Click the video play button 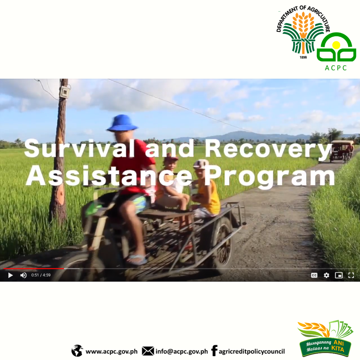[x=11, y=275]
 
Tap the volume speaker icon [x=23, y=275]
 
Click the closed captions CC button [x=314, y=275]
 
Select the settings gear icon [x=326, y=275]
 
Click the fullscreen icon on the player [x=351, y=275]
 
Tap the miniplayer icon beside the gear [x=339, y=275]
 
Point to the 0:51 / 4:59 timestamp [x=41, y=275]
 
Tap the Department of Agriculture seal [x=303, y=32]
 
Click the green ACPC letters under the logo [x=336, y=68]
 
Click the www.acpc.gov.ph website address [x=112, y=352]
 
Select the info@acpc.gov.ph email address [x=182, y=352]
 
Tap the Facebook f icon [x=214, y=351]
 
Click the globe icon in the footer [x=77, y=351]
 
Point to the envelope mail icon [x=148, y=351]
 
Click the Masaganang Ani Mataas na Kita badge [x=325, y=338]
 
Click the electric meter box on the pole [x=65, y=92]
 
